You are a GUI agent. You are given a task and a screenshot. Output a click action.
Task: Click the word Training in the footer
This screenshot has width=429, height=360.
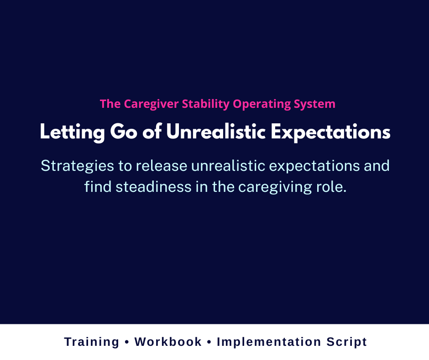(x=92, y=342)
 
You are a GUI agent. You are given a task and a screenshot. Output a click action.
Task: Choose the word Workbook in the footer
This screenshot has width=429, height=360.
(x=168, y=342)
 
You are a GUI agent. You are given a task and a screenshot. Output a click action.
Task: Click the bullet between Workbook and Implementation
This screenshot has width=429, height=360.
(x=209, y=342)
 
